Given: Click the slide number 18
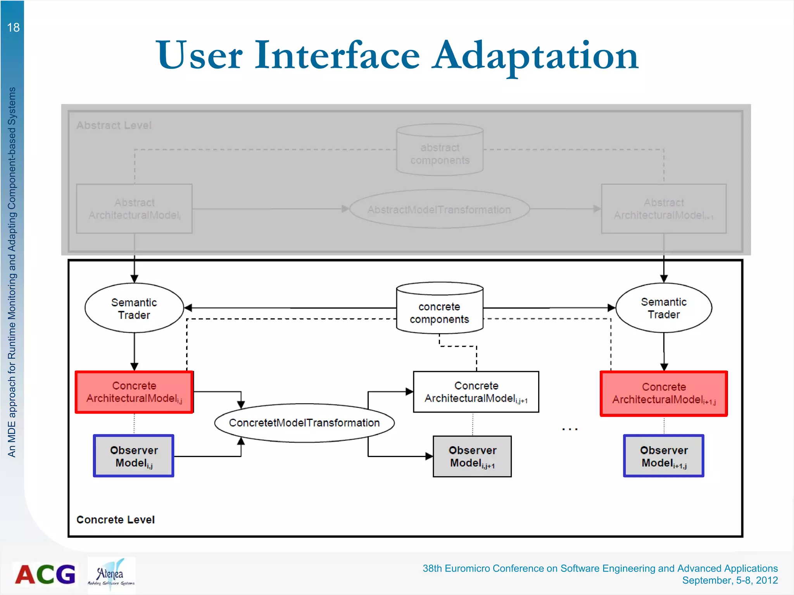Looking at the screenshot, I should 13,28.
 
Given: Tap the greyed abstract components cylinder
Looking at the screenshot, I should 440,153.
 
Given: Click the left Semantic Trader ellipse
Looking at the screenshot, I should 134,308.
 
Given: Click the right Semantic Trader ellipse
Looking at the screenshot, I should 664,308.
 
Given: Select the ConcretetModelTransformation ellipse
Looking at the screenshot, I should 304,423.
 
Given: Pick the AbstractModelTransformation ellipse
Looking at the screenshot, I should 439,210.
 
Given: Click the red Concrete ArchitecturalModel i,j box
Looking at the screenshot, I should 134,392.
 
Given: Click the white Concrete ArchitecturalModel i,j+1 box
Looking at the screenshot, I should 476,392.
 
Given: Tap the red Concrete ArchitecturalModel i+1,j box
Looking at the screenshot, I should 664,393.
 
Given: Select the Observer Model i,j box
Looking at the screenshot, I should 134,456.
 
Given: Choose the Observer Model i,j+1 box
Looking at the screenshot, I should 472,456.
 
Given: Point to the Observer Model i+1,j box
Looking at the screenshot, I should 664,456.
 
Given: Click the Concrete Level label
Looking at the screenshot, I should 116,519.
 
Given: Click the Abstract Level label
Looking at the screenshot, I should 114,126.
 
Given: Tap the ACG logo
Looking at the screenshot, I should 45,574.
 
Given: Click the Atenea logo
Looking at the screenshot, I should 111,575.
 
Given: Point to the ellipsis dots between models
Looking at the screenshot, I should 570,429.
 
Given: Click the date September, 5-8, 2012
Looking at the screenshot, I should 730,580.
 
